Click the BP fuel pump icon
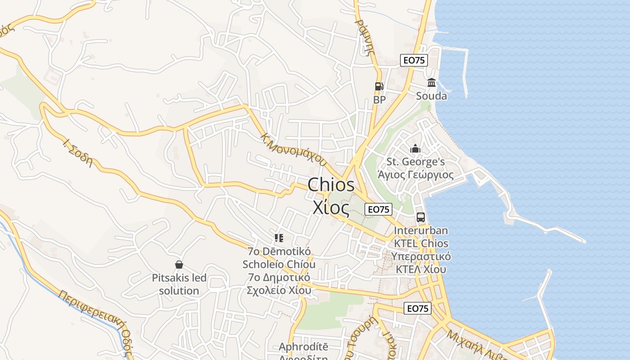379,86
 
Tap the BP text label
379,99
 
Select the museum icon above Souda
432,83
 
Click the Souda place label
432,96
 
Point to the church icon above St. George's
415,148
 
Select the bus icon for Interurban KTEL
421,217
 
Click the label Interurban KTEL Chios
421,237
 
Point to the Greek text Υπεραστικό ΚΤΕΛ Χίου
421,263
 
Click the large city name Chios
331,184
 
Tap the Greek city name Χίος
331,208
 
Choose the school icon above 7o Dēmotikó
279,238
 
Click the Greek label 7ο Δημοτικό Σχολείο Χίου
279,283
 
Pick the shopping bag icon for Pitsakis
179,265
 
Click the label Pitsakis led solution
179,284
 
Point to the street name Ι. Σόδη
78,153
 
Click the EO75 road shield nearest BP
414,60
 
